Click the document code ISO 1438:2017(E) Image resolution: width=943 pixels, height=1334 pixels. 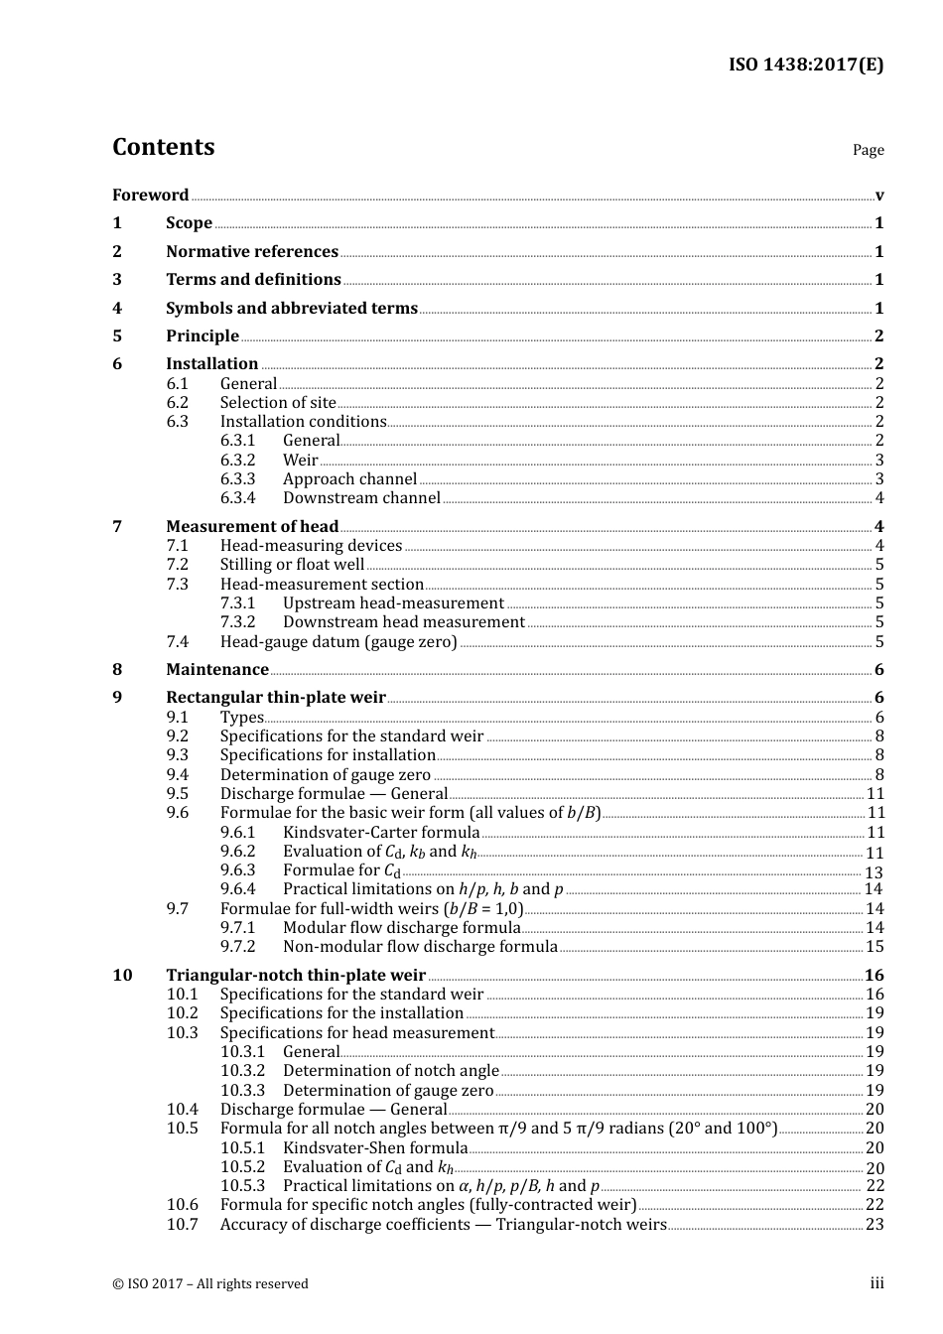(x=805, y=66)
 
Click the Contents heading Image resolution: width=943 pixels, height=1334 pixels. (x=163, y=147)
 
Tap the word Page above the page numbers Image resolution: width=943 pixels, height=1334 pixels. (x=868, y=150)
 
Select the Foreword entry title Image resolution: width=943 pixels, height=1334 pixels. (x=150, y=196)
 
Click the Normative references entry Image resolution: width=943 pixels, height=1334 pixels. (x=252, y=252)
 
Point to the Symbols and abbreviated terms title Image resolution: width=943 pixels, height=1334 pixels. (x=292, y=309)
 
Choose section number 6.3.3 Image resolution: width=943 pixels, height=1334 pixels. (x=237, y=479)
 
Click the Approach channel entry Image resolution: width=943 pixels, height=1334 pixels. (x=349, y=479)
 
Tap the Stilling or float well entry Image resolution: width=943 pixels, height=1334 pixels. (x=292, y=565)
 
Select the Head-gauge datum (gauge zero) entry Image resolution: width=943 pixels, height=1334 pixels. (x=338, y=642)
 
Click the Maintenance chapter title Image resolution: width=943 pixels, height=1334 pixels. (x=217, y=670)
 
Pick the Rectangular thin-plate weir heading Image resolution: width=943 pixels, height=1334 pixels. (x=276, y=698)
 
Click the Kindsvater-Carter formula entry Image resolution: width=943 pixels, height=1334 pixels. (x=381, y=833)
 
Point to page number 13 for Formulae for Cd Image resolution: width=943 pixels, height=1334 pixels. (x=874, y=872)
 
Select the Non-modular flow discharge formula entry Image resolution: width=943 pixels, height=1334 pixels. (x=420, y=947)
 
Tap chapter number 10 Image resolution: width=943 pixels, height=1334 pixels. (x=122, y=976)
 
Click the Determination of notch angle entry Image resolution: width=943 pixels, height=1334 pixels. (x=391, y=1071)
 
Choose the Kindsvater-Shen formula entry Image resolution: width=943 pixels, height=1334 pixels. (x=375, y=1148)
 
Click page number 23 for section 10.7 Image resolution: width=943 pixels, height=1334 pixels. (x=874, y=1225)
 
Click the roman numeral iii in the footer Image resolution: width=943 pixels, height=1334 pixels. (x=876, y=1284)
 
